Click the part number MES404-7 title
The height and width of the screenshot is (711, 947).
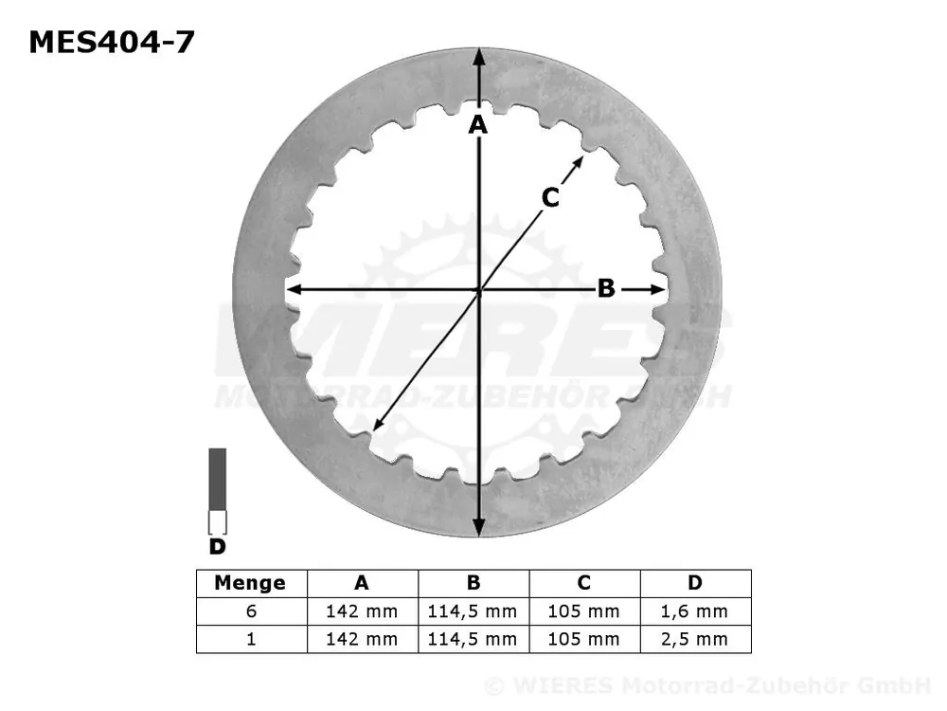pos(112,42)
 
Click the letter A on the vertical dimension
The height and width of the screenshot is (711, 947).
pos(478,124)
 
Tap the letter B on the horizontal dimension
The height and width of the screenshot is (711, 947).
pos(606,289)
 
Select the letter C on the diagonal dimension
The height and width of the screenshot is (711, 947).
pos(550,197)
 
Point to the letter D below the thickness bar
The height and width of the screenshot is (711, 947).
pos(217,547)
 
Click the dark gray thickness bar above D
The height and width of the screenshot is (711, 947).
pos(218,479)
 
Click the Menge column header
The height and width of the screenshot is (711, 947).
pos(250,583)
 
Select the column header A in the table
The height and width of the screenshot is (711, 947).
pos(362,583)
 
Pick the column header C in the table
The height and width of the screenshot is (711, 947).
pos(583,583)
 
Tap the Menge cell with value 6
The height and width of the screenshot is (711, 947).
pos(251,611)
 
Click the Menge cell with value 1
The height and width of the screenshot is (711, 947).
pos(251,639)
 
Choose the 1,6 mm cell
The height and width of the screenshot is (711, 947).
pos(695,611)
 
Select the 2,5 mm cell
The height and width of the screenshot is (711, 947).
pos(695,639)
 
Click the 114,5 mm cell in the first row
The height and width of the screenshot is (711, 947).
pos(473,611)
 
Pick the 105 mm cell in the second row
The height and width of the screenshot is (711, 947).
pos(583,639)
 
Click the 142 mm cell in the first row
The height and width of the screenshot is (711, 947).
pos(362,611)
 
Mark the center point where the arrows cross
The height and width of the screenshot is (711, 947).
pos(479,290)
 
